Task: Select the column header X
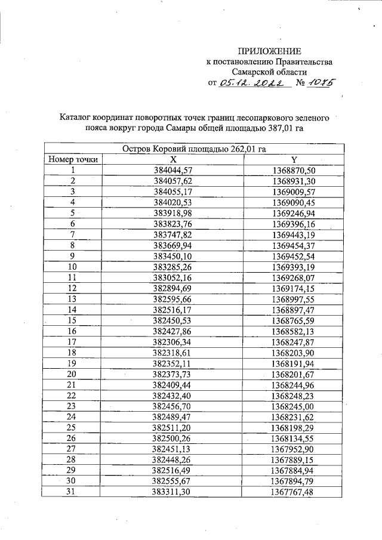[x=173, y=160]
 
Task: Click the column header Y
[x=294, y=160]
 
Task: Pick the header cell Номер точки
[x=73, y=160]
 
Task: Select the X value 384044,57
[x=173, y=171]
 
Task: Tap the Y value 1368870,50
[x=294, y=171]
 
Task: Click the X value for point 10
[x=173, y=267]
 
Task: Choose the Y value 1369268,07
[x=294, y=277]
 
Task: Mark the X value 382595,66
[x=173, y=299]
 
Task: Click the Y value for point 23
[x=294, y=406]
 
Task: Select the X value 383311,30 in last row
[x=173, y=492]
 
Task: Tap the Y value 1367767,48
[x=294, y=492]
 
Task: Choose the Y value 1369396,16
[x=294, y=224]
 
